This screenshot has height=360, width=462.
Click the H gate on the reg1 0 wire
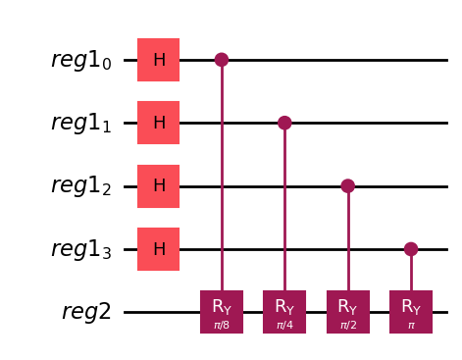(158, 60)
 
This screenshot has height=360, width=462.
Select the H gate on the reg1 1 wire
(158, 123)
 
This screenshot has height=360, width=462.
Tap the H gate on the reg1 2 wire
(158, 185)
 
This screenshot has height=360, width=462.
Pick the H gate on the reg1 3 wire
(158, 248)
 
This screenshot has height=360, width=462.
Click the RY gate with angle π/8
(222, 311)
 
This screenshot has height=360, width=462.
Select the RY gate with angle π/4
(284, 311)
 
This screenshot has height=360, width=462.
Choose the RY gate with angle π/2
(347, 311)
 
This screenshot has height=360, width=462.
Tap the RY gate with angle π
(410, 311)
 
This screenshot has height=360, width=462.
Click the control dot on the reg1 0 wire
(222, 60)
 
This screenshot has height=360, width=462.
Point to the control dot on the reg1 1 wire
(284, 123)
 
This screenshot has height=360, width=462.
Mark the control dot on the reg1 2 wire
(347, 185)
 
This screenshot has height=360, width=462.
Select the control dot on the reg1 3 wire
(410, 248)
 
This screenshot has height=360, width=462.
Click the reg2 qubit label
(86, 312)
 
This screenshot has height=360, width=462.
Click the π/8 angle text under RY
(222, 323)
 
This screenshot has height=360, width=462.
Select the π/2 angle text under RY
(347, 323)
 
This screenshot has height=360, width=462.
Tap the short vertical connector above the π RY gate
(410, 272)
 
